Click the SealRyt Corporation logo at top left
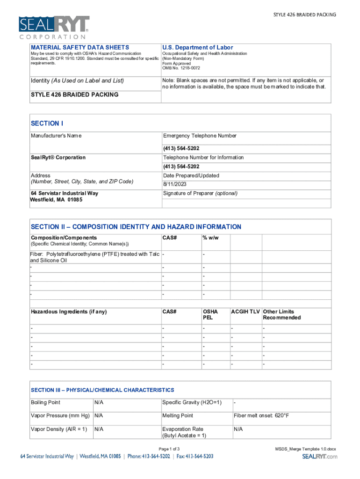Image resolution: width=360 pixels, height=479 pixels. tap(53, 27)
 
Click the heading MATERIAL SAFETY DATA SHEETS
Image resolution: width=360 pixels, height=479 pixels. tap(80, 47)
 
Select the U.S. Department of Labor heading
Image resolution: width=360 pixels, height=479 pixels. tap(197, 47)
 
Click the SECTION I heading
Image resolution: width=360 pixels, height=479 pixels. tap(47, 123)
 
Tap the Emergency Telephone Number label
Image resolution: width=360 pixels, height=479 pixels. tap(200, 136)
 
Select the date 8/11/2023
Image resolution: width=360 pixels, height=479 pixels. tap(174, 185)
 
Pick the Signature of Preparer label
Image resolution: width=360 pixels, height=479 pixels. tap(200, 193)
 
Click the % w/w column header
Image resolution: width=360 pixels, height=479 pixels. tap(210, 238)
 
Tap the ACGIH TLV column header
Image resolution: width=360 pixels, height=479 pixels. tap(245, 312)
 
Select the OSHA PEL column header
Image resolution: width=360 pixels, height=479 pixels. tap(210, 314)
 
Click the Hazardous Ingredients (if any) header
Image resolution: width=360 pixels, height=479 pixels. tap(69, 312)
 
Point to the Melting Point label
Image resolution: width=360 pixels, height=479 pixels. tap(178, 416)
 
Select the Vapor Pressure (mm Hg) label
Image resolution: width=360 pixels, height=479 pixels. tap(60, 416)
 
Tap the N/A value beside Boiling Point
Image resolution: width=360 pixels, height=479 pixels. tap(99, 402)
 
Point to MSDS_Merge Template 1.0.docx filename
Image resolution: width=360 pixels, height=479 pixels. tap(306, 449)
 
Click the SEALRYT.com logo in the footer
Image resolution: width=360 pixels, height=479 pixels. tap(319, 457)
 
